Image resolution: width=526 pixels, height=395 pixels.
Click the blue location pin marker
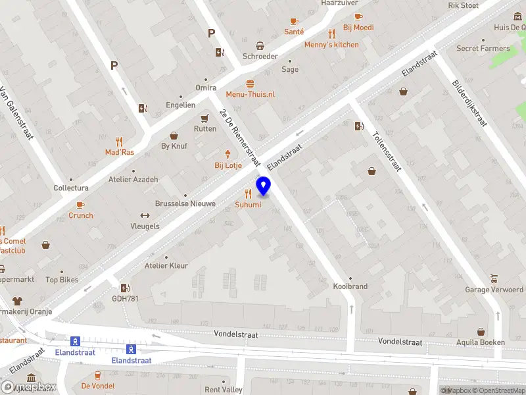pyautogui.click(x=264, y=186)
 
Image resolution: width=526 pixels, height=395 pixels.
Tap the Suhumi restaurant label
pyautogui.click(x=248, y=205)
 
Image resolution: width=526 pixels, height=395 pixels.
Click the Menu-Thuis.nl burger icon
pyautogui.click(x=250, y=84)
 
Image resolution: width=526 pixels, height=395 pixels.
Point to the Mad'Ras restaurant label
pyautogui.click(x=120, y=152)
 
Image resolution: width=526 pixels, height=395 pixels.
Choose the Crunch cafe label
pyautogui.click(x=81, y=215)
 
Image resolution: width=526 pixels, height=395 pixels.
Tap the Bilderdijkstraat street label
pyautogui.click(x=469, y=103)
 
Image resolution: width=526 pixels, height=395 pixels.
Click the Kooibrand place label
pyautogui.click(x=350, y=286)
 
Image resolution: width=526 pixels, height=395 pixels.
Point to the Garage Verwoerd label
pyautogui.click(x=494, y=290)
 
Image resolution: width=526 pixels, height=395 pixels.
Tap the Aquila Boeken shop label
pyautogui.click(x=481, y=342)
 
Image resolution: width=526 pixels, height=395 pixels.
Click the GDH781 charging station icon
pyautogui.click(x=124, y=288)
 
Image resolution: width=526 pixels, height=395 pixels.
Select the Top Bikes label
pyautogui.click(x=62, y=280)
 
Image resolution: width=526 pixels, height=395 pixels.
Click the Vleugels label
pyautogui.click(x=145, y=226)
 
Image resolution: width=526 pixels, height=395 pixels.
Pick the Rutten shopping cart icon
pyautogui.click(x=205, y=118)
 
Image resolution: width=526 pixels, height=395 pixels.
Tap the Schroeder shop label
pyautogui.click(x=260, y=57)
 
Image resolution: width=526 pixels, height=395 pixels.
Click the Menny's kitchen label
pyautogui.click(x=331, y=45)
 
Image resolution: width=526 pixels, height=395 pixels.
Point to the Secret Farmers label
pyautogui.click(x=483, y=48)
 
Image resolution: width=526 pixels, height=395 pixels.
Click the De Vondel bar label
pyautogui.click(x=98, y=386)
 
